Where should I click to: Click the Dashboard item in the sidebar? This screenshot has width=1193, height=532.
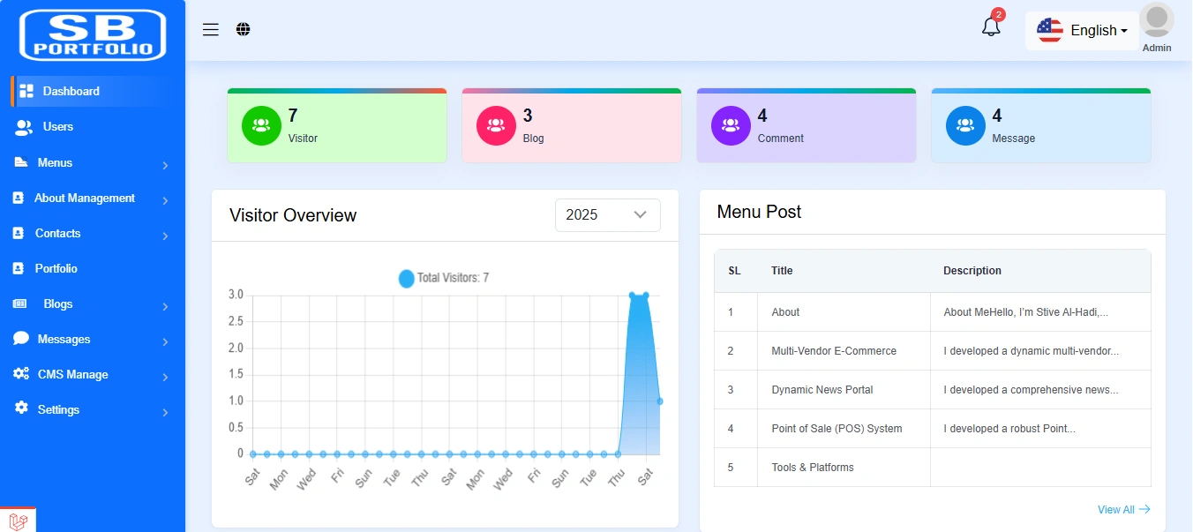(71, 91)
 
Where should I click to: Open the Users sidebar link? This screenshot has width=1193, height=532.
(57, 127)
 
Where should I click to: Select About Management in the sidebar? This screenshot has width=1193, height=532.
(84, 199)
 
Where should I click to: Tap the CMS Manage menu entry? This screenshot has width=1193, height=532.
(72, 375)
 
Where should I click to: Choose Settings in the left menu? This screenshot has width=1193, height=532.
(58, 410)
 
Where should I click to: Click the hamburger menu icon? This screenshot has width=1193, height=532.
(211, 30)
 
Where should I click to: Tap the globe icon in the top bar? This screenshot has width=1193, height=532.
(244, 30)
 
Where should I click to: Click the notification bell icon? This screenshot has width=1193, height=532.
(991, 26)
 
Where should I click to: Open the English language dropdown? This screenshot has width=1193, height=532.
(1083, 31)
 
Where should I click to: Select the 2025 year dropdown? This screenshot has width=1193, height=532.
(607, 215)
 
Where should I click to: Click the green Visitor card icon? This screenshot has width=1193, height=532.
(261, 125)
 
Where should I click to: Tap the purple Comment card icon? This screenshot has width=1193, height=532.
(731, 125)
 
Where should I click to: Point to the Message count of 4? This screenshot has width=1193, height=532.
(997, 116)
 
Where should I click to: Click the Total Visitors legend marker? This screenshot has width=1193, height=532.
(406, 278)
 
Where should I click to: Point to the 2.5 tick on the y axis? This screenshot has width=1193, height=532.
(236, 321)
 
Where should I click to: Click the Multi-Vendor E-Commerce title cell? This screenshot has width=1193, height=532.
(833, 351)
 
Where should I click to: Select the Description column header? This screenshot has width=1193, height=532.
(972, 271)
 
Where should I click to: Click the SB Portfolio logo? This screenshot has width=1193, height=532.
(93, 35)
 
